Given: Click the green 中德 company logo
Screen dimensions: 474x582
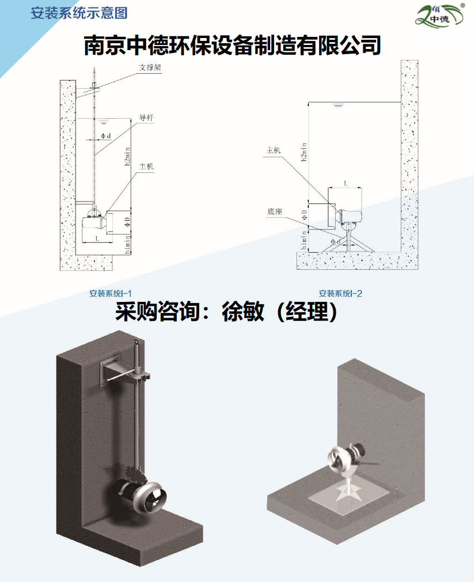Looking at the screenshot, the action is coord(440,15).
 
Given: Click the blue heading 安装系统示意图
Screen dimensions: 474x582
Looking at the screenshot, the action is coord(79,13).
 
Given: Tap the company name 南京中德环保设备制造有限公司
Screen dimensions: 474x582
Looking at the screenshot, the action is coord(233,46).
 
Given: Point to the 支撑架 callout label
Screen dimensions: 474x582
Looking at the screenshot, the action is coord(150,67).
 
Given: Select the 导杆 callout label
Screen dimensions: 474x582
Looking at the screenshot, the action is coord(146,118).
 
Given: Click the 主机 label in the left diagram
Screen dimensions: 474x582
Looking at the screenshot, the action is coord(146,167).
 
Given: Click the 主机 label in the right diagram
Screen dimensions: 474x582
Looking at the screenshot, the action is coord(274,150).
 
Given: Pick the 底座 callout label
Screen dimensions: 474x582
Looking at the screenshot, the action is coord(275,211).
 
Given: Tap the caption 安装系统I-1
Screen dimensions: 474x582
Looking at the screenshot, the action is coord(111,294).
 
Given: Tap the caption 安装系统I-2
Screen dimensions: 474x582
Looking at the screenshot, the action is coord(340,294).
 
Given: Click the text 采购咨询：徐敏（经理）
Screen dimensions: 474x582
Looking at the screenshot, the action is coord(226,311).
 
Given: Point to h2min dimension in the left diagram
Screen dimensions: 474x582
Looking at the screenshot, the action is coord(128,156).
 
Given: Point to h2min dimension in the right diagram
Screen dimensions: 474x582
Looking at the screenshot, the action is coord(304,152).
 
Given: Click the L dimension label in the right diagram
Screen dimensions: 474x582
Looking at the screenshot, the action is coord(346,184).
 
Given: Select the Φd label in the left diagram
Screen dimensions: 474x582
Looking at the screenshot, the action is coord(106,136).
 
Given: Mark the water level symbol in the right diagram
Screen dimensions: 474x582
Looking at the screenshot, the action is coord(338,105).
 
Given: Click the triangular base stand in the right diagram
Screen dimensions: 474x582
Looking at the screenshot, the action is coord(348,241).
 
